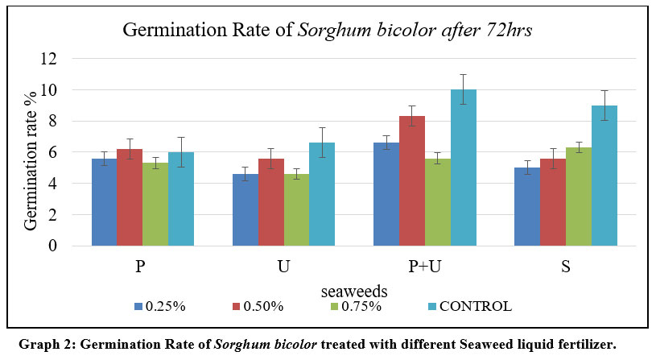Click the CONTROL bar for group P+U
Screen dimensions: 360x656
463,168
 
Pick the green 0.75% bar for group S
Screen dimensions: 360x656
579,197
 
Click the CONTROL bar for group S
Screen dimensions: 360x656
604,176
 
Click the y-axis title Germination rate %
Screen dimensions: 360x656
31,153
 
